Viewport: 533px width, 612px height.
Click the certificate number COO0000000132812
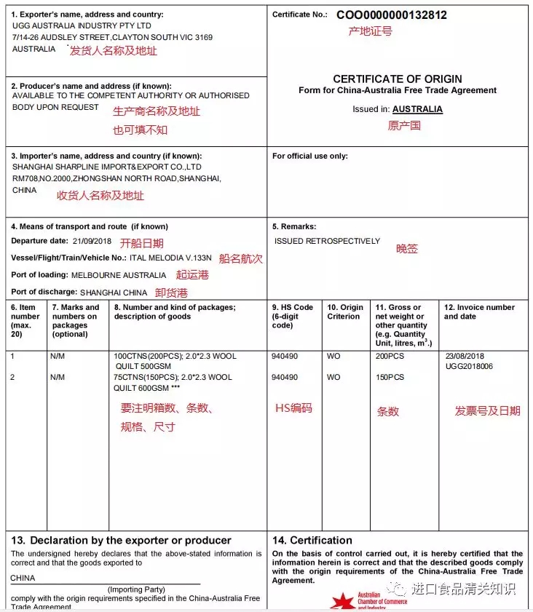[x=392, y=15]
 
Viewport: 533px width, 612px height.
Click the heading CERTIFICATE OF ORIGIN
[x=398, y=79]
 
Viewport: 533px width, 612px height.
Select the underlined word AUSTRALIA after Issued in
[x=417, y=109]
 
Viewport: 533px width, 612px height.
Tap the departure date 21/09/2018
[x=93, y=241]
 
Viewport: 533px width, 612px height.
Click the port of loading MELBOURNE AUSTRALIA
[x=119, y=275]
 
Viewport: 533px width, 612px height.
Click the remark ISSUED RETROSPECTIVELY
[x=327, y=241]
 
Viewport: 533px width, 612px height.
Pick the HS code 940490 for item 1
[x=285, y=357]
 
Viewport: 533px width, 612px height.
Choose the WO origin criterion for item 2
[x=333, y=378]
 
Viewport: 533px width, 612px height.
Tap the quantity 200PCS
[x=390, y=357]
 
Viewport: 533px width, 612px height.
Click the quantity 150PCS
[x=390, y=378]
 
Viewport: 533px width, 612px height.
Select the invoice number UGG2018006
[x=469, y=366]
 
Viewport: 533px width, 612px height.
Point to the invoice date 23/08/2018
[x=465, y=357]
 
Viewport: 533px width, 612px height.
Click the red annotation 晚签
[x=407, y=249]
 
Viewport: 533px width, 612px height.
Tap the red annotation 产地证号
[x=371, y=31]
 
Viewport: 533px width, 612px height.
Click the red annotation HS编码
[x=293, y=408]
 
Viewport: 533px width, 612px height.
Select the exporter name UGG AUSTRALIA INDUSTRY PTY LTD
[x=82, y=25]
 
